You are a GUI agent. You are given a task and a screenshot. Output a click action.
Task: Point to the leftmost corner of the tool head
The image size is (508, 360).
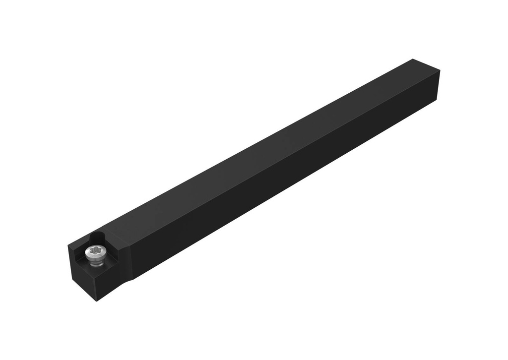pyautogui.click(x=68, y=246)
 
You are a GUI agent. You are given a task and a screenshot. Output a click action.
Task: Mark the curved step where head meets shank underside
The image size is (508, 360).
pyautogui.click(x=133, y=279)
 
